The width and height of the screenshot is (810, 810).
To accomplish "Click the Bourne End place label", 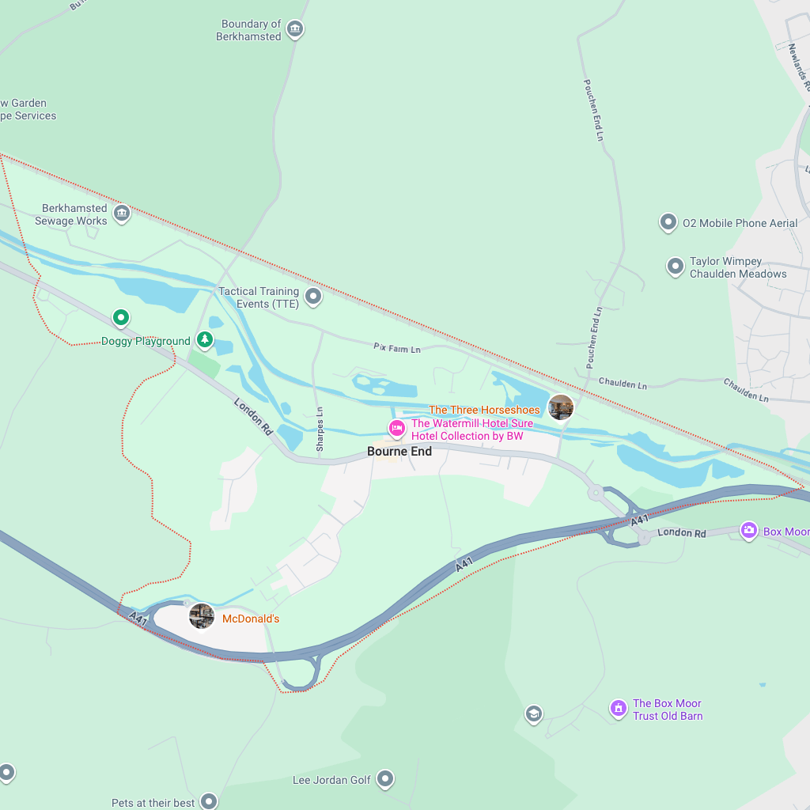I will coord(399,451).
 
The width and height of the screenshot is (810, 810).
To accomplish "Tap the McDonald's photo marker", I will coord(202,616).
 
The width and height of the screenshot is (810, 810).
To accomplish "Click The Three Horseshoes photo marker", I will coord(561,407).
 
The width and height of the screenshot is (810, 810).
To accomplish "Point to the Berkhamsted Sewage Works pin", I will coord(122,213).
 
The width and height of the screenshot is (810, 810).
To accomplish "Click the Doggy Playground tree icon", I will coord(205,339).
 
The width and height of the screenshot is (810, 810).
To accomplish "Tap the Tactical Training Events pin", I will coord(314,297).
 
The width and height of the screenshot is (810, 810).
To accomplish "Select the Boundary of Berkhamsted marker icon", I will coord(295,29).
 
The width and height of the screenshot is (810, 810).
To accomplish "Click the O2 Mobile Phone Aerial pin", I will coord(668,222).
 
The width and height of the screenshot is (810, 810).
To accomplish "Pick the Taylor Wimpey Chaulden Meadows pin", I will coord(675,267).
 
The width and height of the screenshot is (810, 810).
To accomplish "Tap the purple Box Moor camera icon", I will coord(749,530).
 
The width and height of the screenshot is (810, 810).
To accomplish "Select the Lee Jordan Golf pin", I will coord(385,779).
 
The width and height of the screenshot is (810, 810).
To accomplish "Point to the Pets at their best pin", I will coord(209,801).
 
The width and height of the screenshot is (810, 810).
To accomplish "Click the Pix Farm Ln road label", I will coord(397,348).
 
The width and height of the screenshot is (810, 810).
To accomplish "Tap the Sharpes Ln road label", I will coord(320,429).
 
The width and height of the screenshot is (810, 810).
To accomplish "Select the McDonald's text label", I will coord(251,619).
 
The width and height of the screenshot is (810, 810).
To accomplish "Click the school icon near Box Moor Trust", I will coord(534,714).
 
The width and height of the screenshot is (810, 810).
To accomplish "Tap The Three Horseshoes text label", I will coord(484,410).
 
